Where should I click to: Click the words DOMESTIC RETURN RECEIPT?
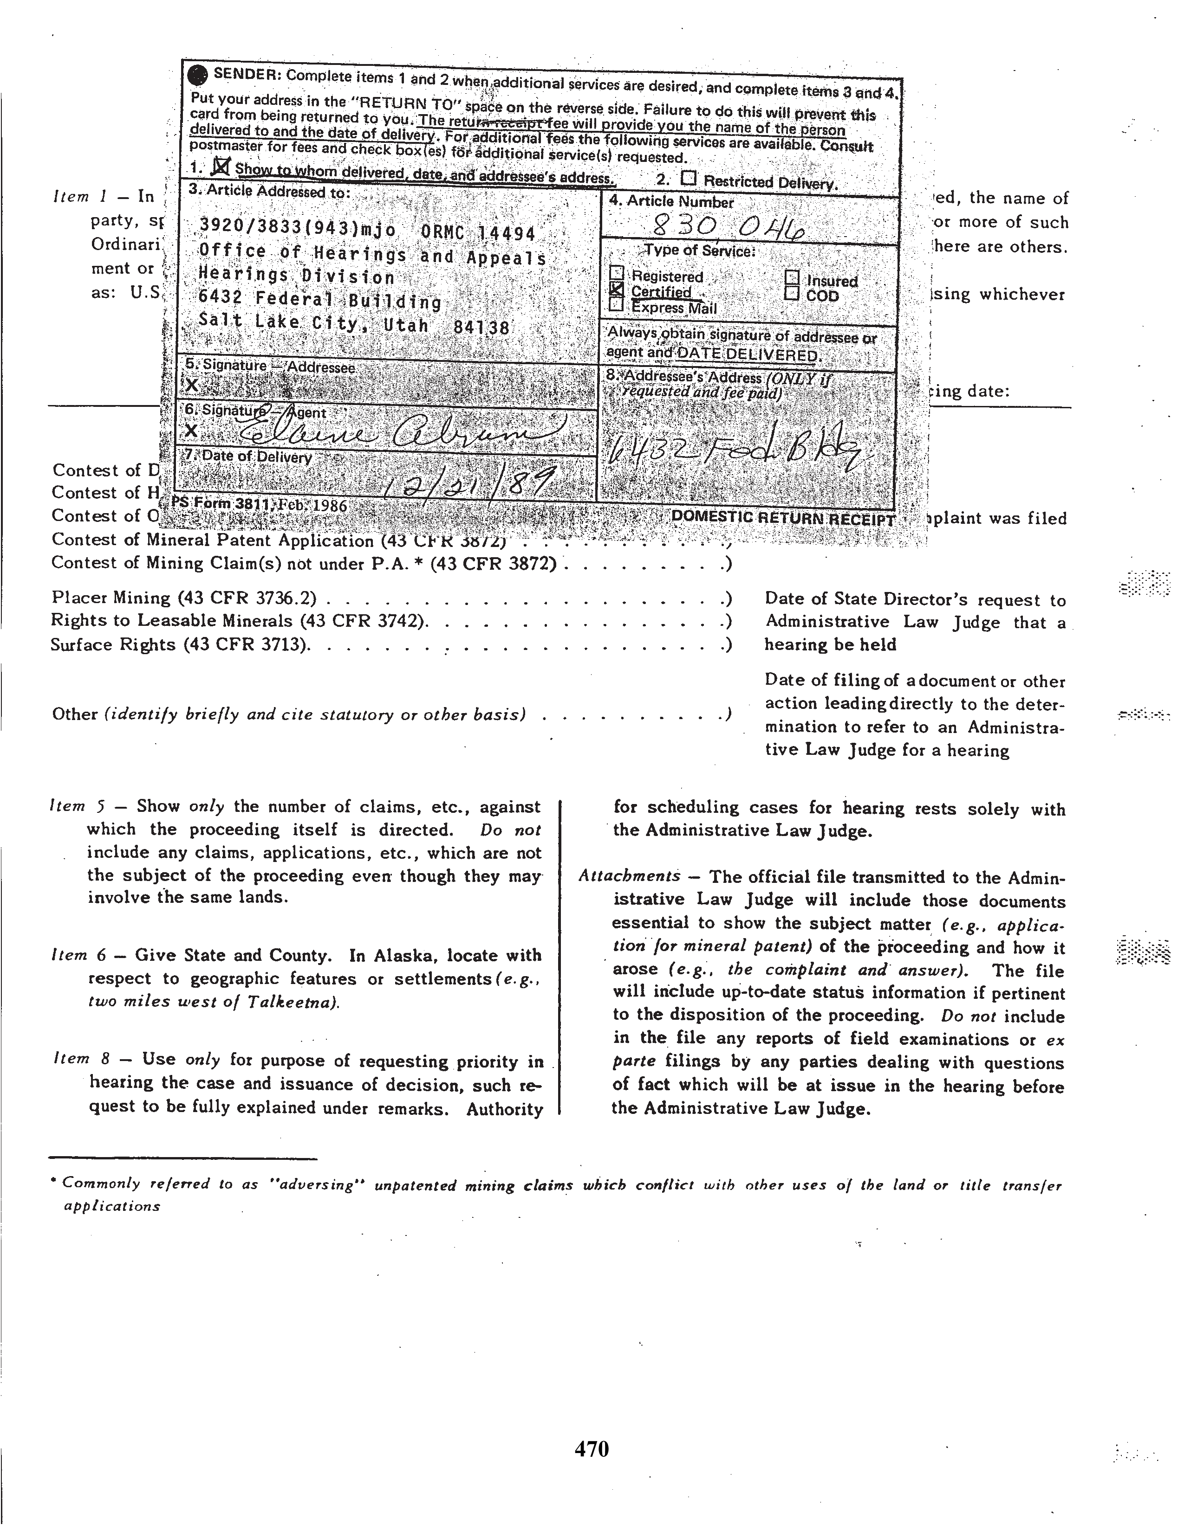pyautogui.click(x=783, y=518)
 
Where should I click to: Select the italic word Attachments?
pyautogui.click(x=629, y=876)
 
